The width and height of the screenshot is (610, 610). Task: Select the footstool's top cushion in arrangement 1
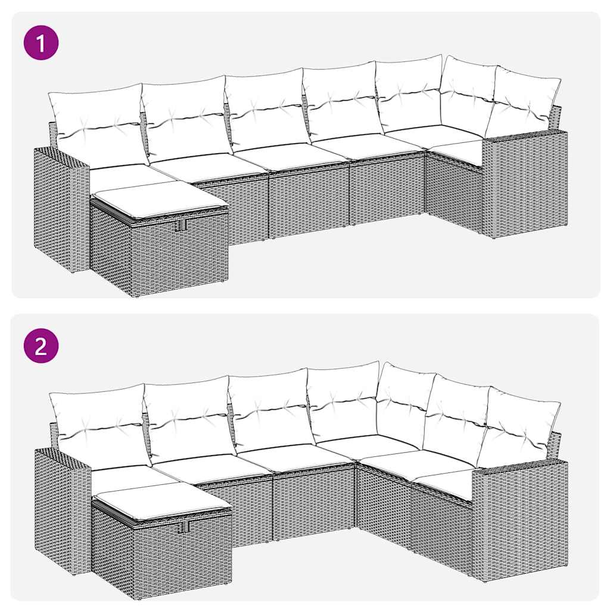click(x=160, y=198)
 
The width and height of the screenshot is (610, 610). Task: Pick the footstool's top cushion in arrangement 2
click(x=162, y=499)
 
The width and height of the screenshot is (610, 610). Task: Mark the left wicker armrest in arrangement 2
click(x=62, y=509)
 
